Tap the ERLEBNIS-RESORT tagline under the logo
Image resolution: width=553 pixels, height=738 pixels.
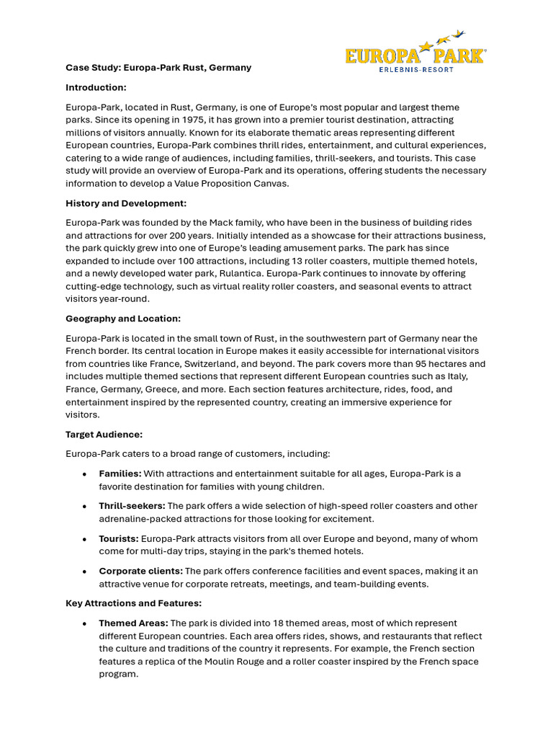click(x=415, y=69)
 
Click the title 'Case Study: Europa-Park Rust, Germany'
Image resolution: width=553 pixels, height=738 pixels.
click(x=158, y=68)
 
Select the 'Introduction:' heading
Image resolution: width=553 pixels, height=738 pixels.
click(x=96, y=87)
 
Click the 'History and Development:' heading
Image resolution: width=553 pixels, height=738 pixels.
click(x=126, y=203)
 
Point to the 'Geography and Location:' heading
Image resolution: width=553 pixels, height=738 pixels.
click(x=123, y=319)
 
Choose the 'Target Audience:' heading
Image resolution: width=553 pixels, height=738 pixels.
click(x=104, y=435)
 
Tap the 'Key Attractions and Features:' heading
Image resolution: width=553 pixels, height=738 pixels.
click(x=133, y=603)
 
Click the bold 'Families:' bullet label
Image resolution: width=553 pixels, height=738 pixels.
click(x=120, y=474)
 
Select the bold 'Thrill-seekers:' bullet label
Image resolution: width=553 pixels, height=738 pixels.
click(x=132, y=506)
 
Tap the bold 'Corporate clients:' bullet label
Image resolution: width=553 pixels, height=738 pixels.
click(x=140, y=571)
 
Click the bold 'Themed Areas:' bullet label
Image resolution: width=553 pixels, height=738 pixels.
click(x=133, y=623)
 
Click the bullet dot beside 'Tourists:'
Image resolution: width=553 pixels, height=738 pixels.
click(x=85, y=539)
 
